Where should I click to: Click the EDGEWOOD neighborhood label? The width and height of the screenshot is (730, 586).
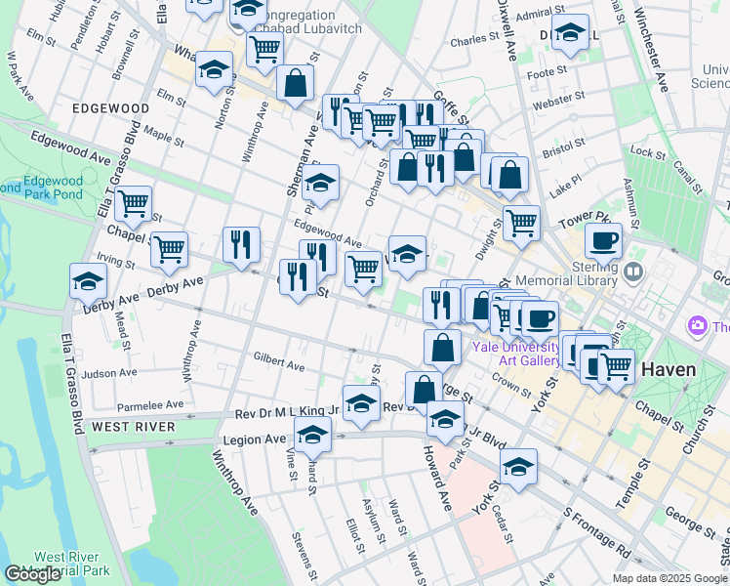pyautogui.click(x=108, y=108)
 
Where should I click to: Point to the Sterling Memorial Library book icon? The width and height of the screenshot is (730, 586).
pyautogui.click(x=635, y=271)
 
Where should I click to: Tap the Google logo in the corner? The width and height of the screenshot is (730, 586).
pyautogui.click(x=32, y=574)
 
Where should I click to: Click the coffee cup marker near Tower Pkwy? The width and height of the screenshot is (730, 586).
pyautogui.click(x=603, y=239)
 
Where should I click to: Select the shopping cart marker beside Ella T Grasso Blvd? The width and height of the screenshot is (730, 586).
pyautogui.click(x=133, y=203)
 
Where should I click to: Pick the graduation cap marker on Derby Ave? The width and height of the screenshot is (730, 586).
pyautogui.click(x=89, y=280)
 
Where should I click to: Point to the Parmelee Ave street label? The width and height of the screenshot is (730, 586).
pyautogui.click(x=149, y=404)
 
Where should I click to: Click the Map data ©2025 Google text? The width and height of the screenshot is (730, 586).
pyautogui.click(x=669, y=578)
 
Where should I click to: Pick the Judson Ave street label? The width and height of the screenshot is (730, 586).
pyautogui.click(x=110, y=373)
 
